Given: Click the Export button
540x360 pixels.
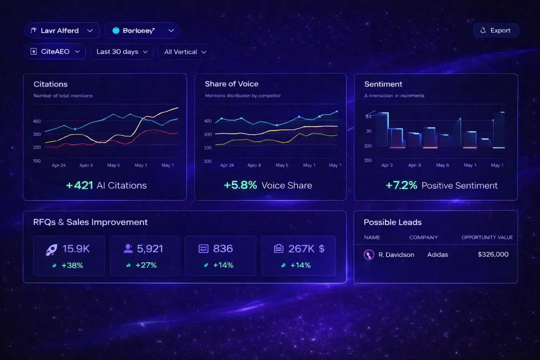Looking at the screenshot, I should (496, 31).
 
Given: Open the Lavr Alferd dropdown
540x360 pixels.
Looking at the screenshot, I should (62, 31).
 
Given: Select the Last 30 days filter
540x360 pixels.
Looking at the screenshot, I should (122, 52).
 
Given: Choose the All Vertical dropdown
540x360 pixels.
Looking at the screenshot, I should (185, 52).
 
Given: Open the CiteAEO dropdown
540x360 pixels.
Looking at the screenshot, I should (55, 52).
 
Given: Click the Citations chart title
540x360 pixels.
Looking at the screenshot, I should (51, 84).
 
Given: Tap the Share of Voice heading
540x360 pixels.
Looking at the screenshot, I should (231, 84).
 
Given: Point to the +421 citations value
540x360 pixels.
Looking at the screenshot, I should (79, 185).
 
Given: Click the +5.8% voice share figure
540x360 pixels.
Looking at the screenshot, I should (240, 185).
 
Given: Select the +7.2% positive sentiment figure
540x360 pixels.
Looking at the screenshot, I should (401, 185).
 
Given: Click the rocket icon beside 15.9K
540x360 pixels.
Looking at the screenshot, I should (52, 249).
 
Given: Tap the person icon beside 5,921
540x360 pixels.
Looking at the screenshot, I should (128, 249).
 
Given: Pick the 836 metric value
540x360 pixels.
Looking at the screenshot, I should (223, 249).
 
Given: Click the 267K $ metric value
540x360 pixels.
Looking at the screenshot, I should (306, 249).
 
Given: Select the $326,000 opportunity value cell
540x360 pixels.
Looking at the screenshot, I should (493, 255).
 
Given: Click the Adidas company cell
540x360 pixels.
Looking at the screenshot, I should (437, 255).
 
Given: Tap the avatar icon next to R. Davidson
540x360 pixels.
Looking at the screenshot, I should (369, 255).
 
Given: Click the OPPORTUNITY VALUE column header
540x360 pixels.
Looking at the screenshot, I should (487, 237).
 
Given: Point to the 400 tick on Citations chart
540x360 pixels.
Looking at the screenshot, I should (37, 121).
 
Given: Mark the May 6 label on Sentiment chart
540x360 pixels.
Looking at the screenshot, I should (442, 165).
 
